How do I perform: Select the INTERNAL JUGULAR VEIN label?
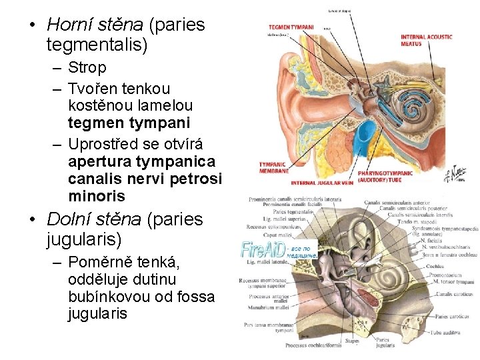pyautogui.click(x=322, y=182)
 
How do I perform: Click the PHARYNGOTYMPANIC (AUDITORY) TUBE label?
pyautogui.click(x=385, y=176)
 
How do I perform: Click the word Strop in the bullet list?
pyautogui.click(x=86, y=68)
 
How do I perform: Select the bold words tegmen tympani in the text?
pyautogui.click(x=129, y=123)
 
